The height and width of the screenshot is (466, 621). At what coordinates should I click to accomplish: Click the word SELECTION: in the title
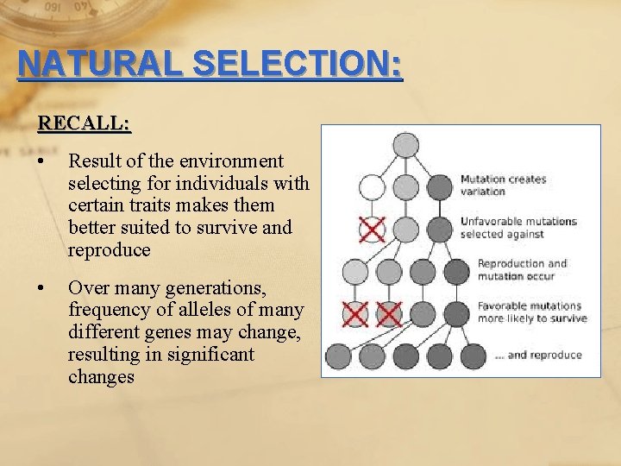click(x=298, y=65)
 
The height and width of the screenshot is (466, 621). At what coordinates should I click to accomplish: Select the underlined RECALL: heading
click(x=84, y=123)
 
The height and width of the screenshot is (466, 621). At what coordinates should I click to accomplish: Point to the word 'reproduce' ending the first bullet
click(x=109, y=250)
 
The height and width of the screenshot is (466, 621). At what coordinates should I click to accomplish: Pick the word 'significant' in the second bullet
click(x=212, y=355)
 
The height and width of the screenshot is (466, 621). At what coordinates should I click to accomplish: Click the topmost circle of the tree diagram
click(x=405, y=145)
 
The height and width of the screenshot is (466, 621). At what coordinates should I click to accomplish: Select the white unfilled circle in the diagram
click(x=372, y=186)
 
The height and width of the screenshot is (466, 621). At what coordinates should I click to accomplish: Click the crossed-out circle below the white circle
click(x=372, y=230)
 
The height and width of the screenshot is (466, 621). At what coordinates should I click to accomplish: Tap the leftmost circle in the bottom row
click(x=337, y=355)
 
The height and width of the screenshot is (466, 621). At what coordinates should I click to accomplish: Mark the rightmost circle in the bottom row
click(x=474, y=355)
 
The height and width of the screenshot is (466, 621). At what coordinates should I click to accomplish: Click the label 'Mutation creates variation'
click(x=503, y=186)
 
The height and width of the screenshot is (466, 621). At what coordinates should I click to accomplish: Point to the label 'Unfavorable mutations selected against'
click(x=517, y=227)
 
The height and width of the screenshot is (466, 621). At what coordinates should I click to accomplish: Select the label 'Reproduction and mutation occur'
click(x=522, y=269)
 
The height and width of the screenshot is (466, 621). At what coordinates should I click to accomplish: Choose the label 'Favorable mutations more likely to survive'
click(x=531, y=312)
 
